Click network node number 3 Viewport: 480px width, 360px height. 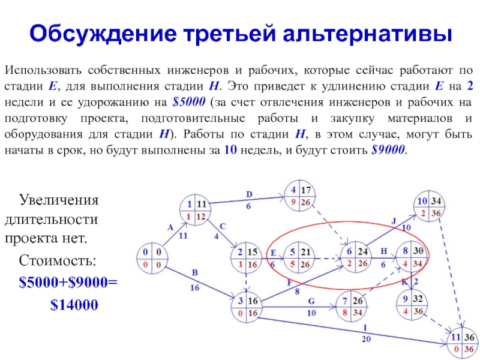(247, 307)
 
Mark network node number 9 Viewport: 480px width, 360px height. (410, 304)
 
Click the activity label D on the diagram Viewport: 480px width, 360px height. (250, 194)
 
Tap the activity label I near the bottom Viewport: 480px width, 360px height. (365, 327)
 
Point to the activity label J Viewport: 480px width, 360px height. (394, 220)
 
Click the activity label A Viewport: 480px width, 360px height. (170, 227)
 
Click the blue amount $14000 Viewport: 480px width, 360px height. (74, 305)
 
